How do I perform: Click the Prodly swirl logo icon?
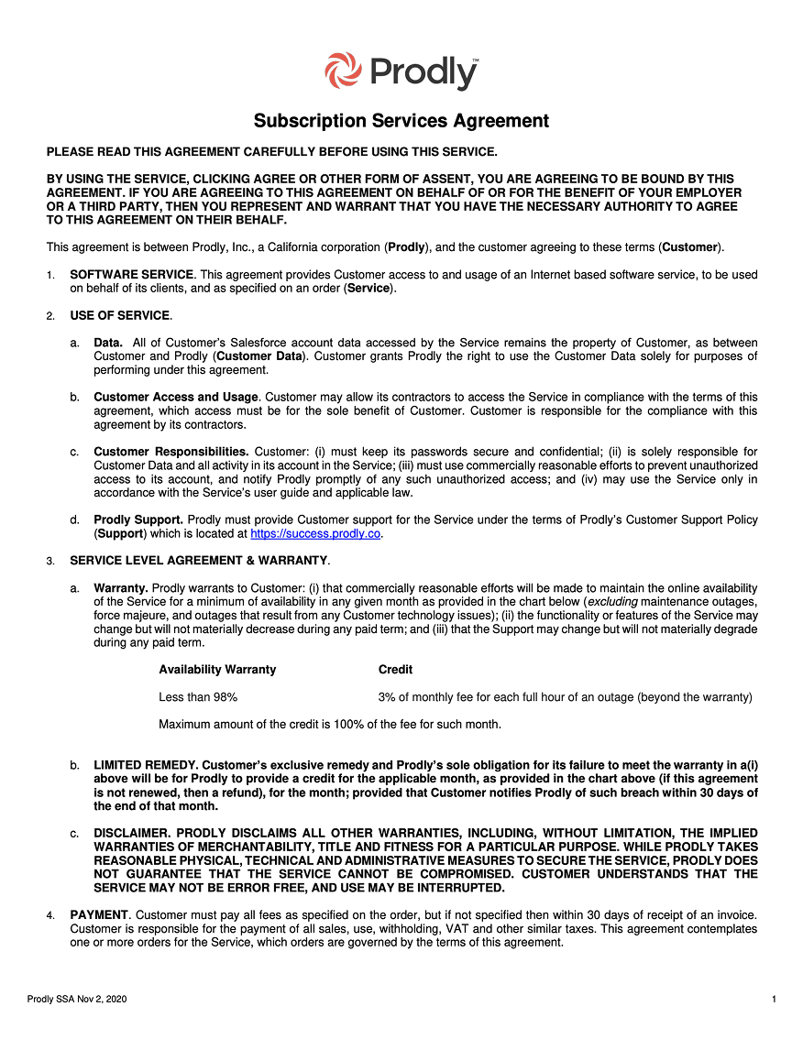tap(344, 71)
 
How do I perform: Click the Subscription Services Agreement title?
tap(401, 121)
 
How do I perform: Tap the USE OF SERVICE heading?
tap(120, 316)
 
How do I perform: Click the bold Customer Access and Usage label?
tap(176, 398)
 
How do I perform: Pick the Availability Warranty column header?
tap(217, 670)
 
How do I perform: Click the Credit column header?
tap(395, 670)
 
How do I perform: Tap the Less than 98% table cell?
tap(198, 697)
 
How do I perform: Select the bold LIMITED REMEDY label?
tap(146, 765)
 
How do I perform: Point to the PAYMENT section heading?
tap(100, 915)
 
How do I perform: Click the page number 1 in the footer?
tap(775, 999)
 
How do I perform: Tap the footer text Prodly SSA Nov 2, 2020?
tap(77, 999)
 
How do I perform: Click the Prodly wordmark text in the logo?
tap(424, 72)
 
